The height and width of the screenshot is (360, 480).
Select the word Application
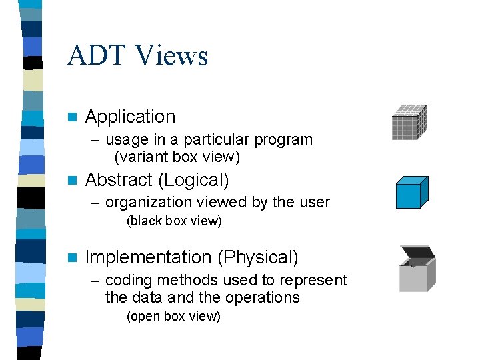tap(131, 117)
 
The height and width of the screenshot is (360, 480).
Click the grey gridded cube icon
tap(409, 122)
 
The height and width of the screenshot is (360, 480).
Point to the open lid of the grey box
tap(416, 252)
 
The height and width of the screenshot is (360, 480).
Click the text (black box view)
tap(174, 221)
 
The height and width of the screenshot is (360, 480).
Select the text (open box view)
tap(173, 317)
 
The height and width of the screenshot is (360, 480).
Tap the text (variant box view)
tap(177, 157)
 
